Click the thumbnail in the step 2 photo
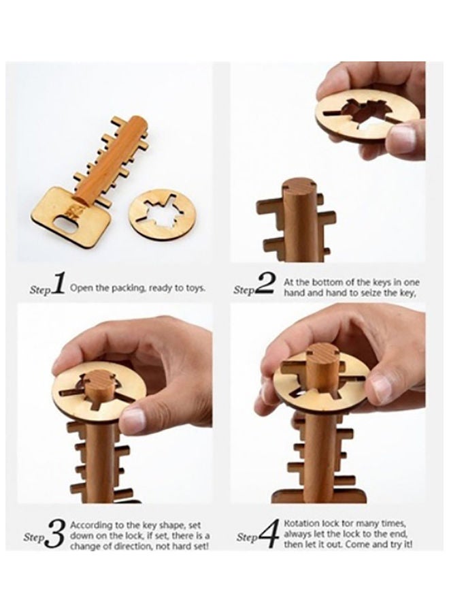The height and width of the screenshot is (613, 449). point(403,138)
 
